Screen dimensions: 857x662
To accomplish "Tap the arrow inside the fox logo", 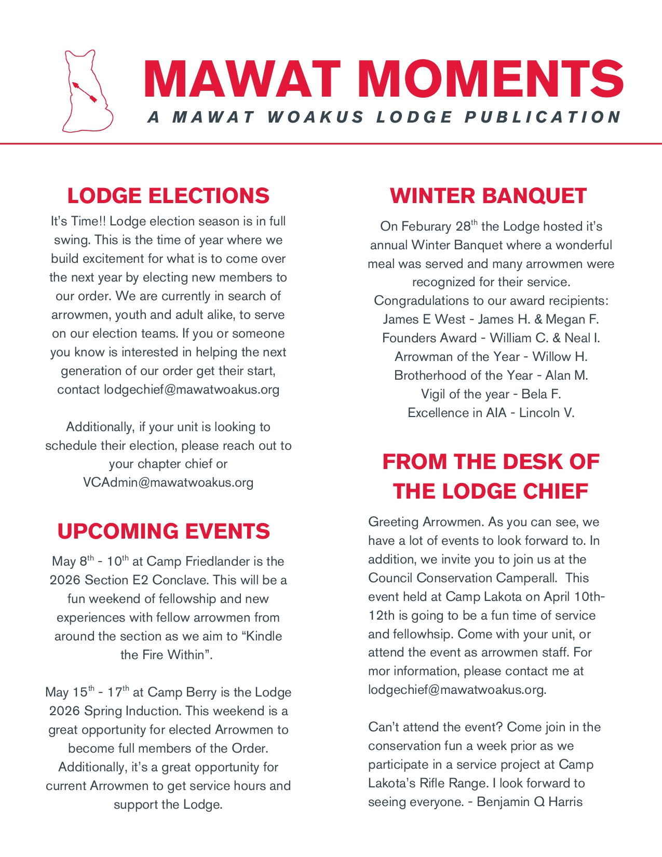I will [85, 91].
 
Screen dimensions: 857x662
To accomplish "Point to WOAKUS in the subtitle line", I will [316, 117].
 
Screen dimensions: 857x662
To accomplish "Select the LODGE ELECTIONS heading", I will [168, 196].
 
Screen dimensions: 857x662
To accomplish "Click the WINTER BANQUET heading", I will [488, 196].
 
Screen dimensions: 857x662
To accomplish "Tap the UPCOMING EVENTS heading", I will [164, 531].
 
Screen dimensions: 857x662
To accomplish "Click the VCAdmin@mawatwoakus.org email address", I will [168, 483].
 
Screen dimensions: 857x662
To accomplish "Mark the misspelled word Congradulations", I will [419, 301].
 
